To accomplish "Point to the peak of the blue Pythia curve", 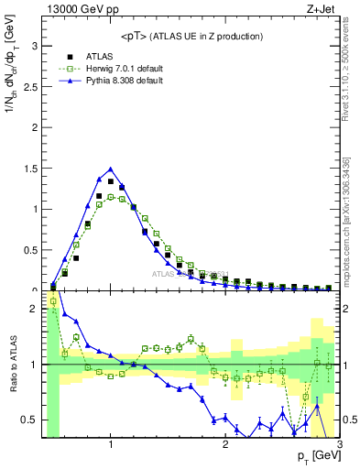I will (111, 169).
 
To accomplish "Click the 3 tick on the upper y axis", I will (35, 45).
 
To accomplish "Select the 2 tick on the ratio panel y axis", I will (35, 309).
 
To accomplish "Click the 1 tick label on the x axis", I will (111, 444).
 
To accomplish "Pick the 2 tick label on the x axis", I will (225, 444).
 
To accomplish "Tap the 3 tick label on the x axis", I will (339, 444).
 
